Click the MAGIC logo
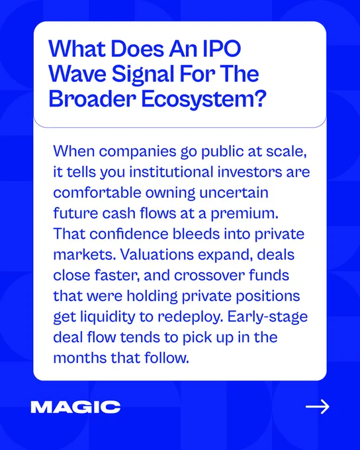pyautogui.click(x=75, y=407)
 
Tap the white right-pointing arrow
pyautogui.click(x=318, y=407)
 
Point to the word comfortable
pyautogui.click(x=97, y=193)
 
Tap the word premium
pyautogui.click(x=245, y=214)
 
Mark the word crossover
pyautogui.click(x=208, y=275)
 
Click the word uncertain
pyautogui.click(x=234, y=193)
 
